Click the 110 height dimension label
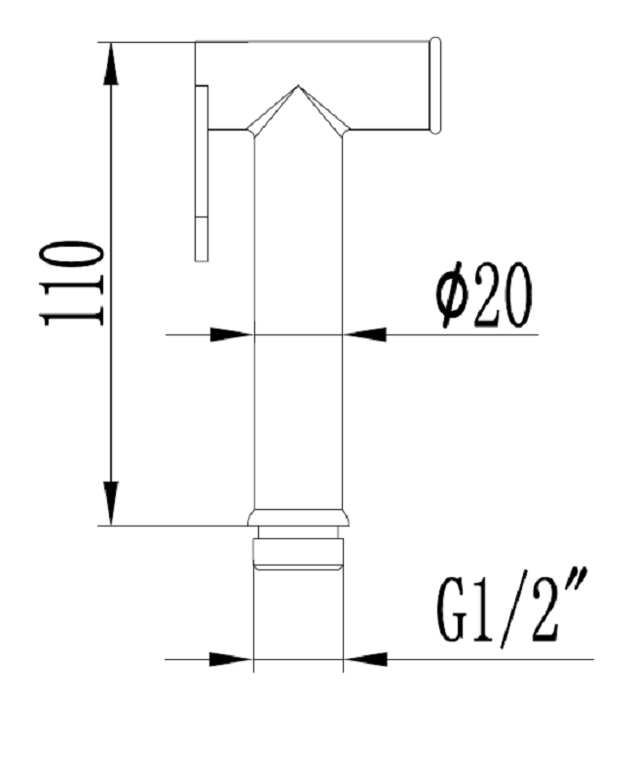click(x=74, y=283)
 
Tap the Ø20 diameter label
click(x=483, y=295)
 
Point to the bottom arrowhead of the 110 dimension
click(x=111, y=503)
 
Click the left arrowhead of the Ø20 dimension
click(x=232, y=334)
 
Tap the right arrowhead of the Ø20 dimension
click(x=364, y=334)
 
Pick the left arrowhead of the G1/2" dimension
click(x=231, y=659)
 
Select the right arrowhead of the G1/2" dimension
click(x=365, y=659)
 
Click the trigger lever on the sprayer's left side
click(x=202, y=173)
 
